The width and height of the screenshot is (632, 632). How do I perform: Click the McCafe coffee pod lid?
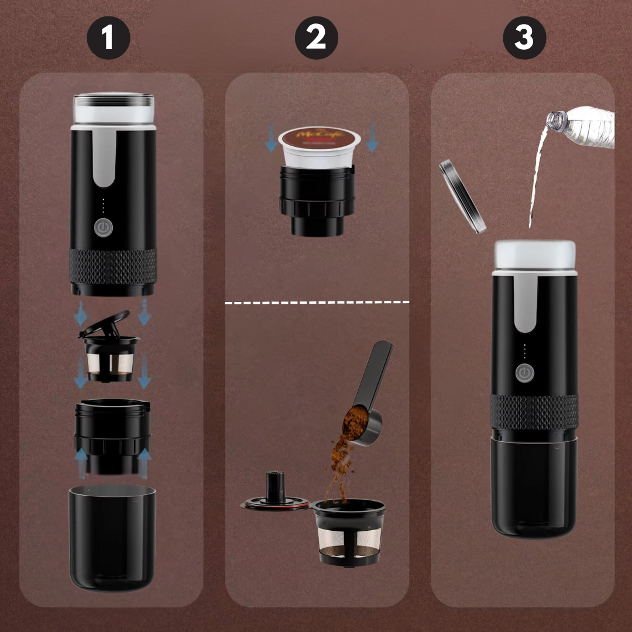319,138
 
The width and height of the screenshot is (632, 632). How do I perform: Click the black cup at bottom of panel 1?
112,535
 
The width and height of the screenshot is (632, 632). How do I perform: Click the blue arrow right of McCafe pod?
372,141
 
